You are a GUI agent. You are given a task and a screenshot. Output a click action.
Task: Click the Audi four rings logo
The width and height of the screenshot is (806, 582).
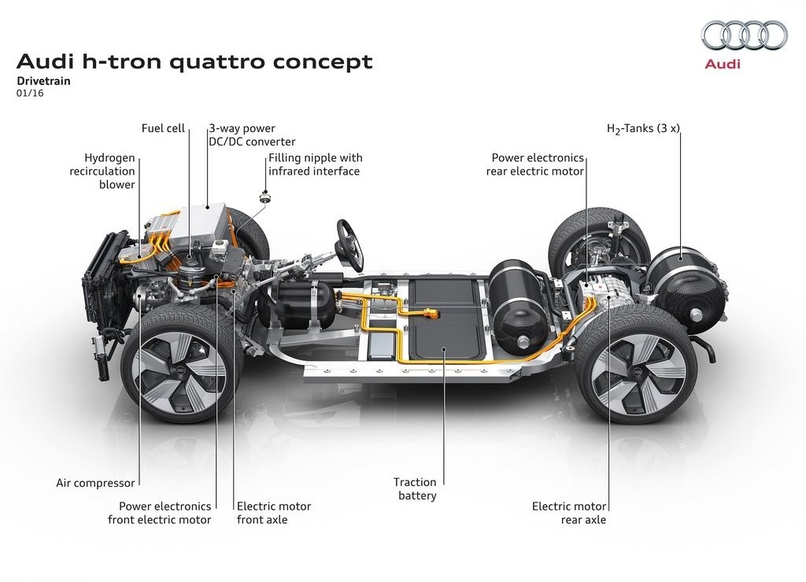[745, 35]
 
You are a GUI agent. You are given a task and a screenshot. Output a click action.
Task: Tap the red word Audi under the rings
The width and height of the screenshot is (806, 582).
[723, 64]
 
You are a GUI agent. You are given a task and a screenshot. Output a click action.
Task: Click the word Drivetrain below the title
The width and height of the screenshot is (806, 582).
[43, 81]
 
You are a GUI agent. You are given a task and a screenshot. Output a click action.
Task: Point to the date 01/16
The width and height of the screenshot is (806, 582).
[30, 94]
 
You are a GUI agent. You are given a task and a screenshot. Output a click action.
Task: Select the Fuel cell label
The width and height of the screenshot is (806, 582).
[163, 128]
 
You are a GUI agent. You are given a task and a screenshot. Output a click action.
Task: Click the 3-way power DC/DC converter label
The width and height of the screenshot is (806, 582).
[252, 135]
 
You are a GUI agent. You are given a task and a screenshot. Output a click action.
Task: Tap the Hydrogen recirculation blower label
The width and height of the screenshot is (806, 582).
[102, 171]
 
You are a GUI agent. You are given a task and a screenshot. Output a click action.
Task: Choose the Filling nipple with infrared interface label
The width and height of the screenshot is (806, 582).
[315, 164]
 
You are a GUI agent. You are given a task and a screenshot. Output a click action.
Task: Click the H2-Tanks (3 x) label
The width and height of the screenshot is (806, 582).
[643, 128]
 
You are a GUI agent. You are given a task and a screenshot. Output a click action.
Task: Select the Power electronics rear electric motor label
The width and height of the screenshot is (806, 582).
[535, 164]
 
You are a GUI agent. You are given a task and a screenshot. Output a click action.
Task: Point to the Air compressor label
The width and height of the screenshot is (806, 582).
[95, 483]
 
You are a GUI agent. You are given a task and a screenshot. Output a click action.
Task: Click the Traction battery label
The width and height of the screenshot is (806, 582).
[415, 489]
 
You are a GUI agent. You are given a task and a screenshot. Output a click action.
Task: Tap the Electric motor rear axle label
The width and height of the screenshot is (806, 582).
[569, 513]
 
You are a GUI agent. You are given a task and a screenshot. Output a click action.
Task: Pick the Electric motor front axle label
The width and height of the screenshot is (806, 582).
[274, 513]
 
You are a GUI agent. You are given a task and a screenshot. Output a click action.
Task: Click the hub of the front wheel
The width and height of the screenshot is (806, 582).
[180, 370]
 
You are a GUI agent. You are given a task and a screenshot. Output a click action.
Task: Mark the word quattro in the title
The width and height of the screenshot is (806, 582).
[216, 62]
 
